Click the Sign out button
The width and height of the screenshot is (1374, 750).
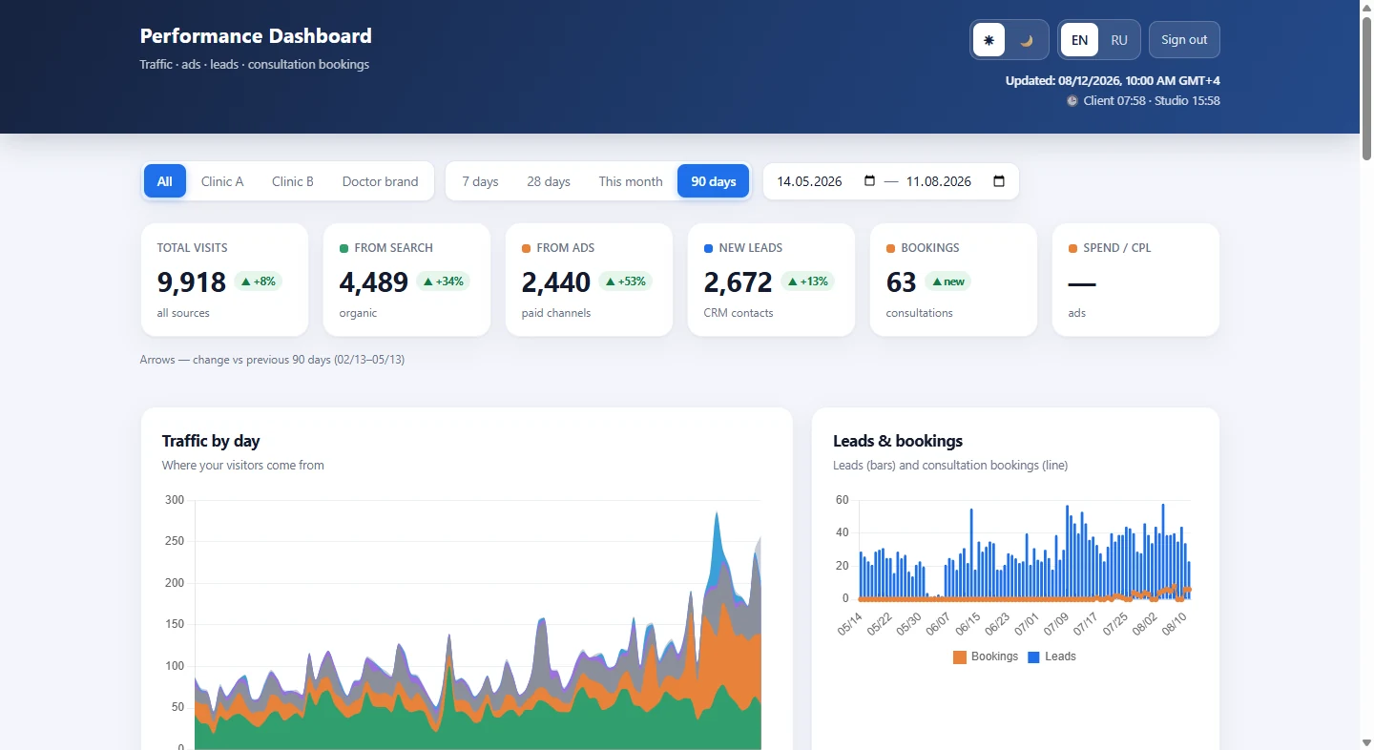pos(1184,40)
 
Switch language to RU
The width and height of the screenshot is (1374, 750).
pos(1119,40)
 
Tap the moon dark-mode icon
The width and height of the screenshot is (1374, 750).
pos(1027,40)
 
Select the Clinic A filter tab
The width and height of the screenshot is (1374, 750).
pos(222,181)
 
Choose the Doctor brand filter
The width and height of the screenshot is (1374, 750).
pos(380,181)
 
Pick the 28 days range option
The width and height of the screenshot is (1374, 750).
pos(549,181)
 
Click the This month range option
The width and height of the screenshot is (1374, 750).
pos(631,181)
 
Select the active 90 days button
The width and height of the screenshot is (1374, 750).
pos(714,181)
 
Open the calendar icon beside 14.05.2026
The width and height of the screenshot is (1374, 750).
pos(869,181)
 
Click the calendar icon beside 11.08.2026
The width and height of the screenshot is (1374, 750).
pos(999,181)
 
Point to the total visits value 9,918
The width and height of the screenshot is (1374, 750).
pos(192,282)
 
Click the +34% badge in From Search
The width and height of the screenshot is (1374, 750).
pos(443,281)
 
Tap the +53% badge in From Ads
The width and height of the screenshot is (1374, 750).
pos(625,281)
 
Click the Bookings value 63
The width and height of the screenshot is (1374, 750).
pos(901,282)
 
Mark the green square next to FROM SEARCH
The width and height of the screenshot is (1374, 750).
pos(343,248)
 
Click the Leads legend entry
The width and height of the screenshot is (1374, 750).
pos(1051,656)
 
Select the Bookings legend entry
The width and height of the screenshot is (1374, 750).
pos(986,656)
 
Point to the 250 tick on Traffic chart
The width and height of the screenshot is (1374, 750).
pos(175,541)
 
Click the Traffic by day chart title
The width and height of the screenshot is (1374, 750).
pos(211,441)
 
